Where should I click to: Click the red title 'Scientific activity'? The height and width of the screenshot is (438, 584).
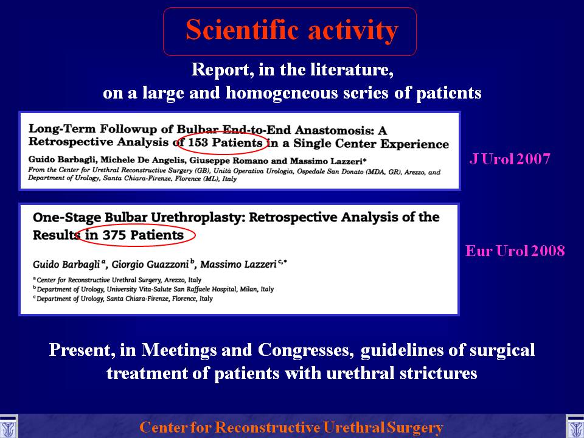pyautogui.click(x=292, y=30)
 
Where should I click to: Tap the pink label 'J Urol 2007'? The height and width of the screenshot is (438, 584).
pyautogui.click(x=510, y=159)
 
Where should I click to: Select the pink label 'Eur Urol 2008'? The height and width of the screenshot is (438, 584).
pyautogui.click(x=515, y=251)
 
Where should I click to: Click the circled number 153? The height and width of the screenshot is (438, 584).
pyautogui.click(x=198, y=142)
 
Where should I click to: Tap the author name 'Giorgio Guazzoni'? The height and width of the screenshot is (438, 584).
pyautogui.click(x=150, y=265)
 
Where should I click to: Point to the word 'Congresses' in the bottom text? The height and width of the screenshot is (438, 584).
pyautogui.click(x=306, y=350)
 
